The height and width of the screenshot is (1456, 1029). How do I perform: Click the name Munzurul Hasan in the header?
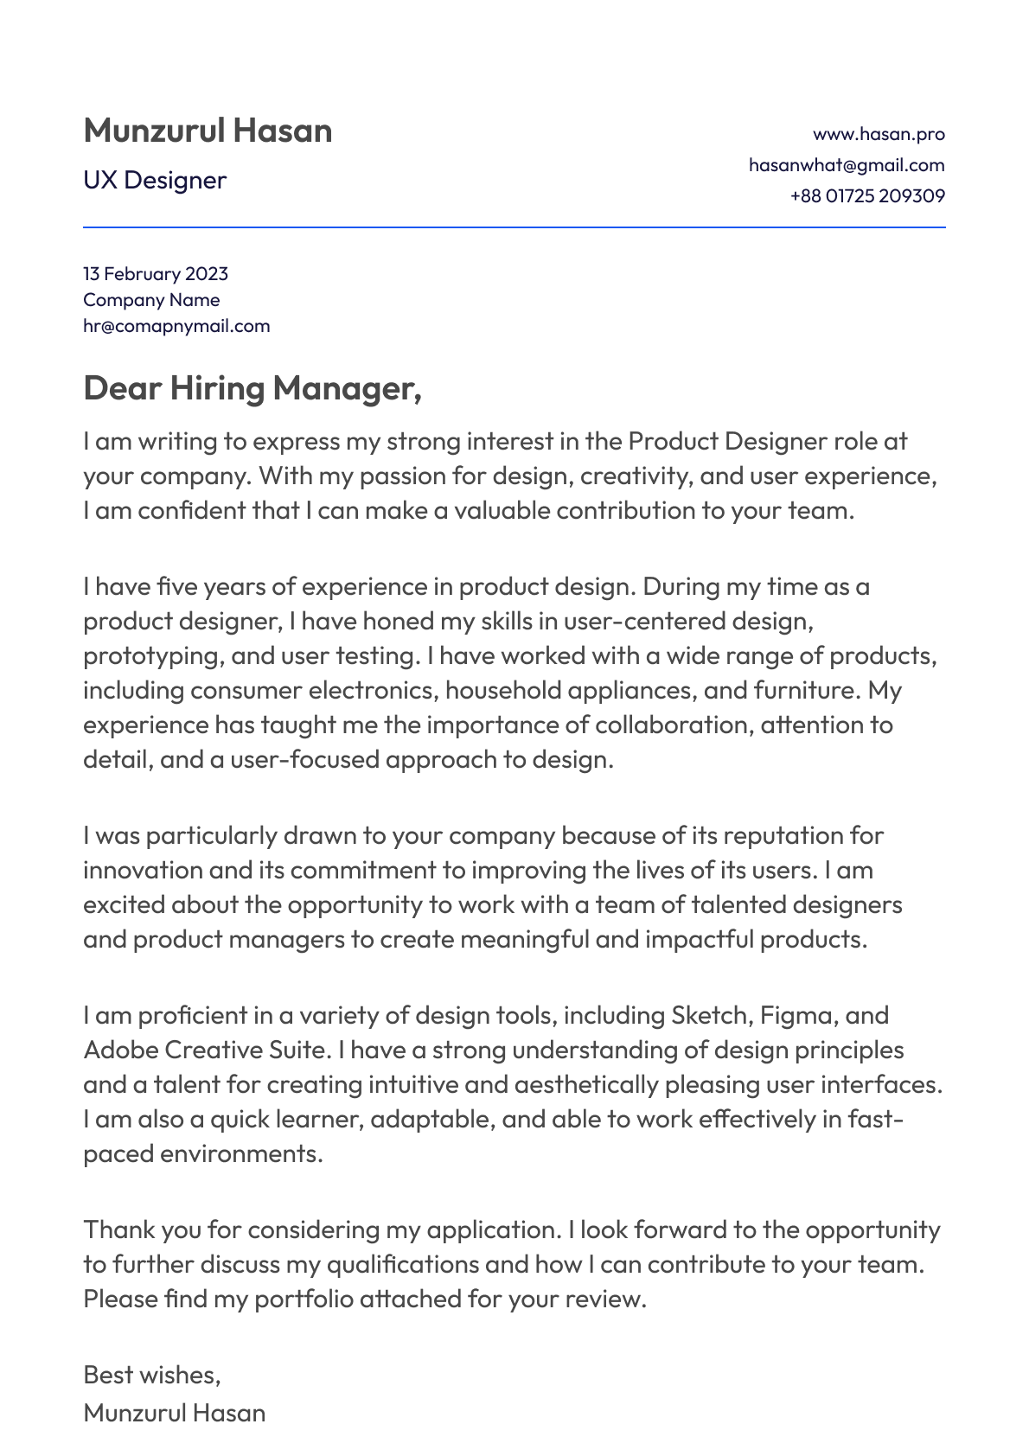pyautogui.click(x=208, y=131)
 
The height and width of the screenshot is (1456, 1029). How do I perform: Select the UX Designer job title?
pyautogui.click(x=155, y=180)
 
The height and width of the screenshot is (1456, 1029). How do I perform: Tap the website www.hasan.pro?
pyautogui.click(x=879, y=134)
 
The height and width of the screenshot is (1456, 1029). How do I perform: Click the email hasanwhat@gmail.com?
pyautogui.click(x=847, y=165)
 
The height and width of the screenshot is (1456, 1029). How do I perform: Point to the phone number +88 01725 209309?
pyautogui.click(x=867, y=196)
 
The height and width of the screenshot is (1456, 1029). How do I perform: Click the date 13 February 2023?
pyautogui.click(x=156, y=274)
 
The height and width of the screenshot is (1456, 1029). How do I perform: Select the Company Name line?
pyautogui.click(x=151, y=300)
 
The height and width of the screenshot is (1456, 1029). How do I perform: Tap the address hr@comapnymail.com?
pyautogui.click(x=176, y=326)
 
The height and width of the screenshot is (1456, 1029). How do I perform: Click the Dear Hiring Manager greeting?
pyautogui.click(x=252, y=388)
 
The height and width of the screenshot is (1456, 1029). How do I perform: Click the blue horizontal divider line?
pyautogui.click(x=514, y=227)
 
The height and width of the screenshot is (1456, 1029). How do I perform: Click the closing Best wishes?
pyautogui.click(x=152, y=1375)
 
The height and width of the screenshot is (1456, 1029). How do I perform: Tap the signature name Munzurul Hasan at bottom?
pyautogui.click(x=175, y=1413)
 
